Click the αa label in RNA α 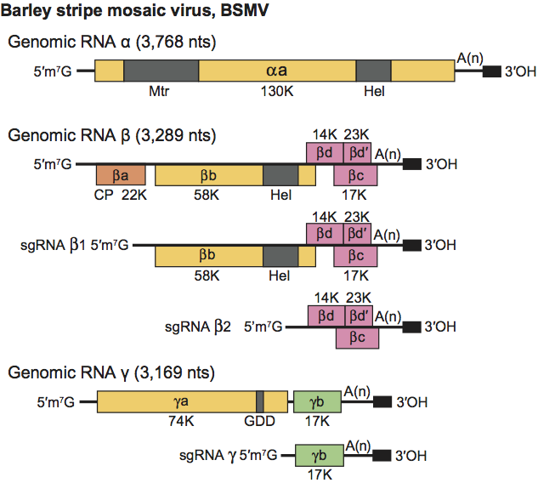point(276,71)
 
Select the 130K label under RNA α point(276,91)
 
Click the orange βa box point(121,176)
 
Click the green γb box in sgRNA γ point(317,455)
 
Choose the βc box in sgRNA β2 point(357,337)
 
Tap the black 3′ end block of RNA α point(491,71)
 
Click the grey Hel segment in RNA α point(373,71)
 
